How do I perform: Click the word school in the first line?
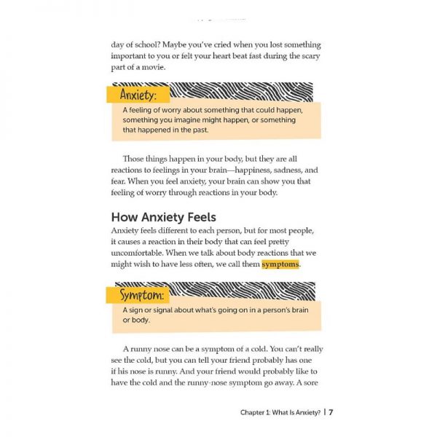(x=149, y=44)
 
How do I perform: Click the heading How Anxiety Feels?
(x=163, y=216)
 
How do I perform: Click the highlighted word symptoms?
(x=280, y=264)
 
